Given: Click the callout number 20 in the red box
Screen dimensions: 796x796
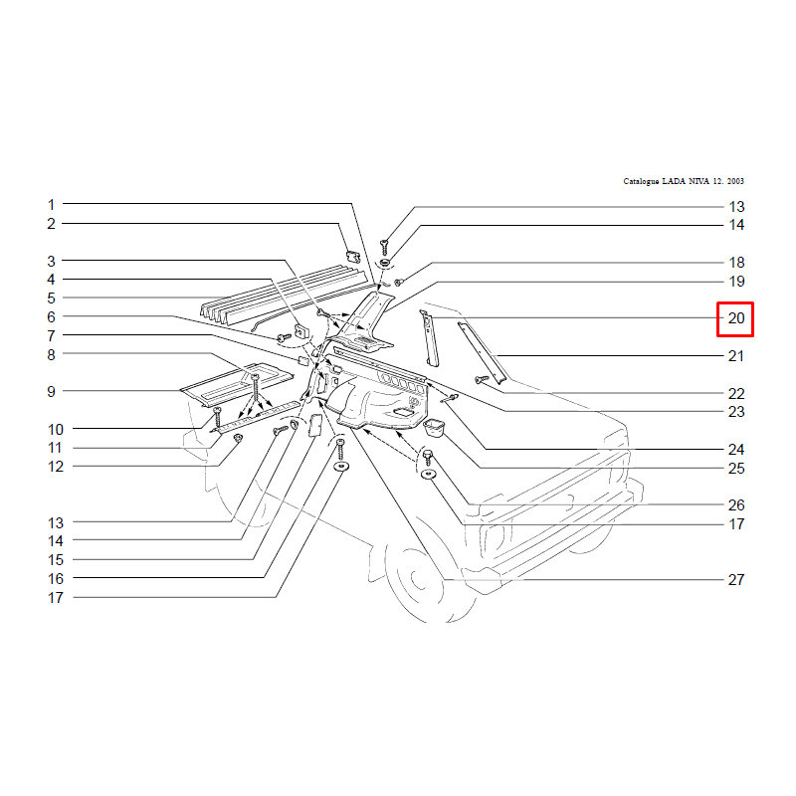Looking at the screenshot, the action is [736, 318].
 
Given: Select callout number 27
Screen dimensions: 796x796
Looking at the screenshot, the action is [736, 580].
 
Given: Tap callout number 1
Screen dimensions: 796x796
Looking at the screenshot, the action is [51, 205].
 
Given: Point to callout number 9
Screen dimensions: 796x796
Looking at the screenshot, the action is [51, 391].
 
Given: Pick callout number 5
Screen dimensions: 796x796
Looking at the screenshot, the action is [51, 298].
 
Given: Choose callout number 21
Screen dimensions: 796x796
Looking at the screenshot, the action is [736, 356].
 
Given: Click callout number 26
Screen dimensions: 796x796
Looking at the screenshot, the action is [736, 505].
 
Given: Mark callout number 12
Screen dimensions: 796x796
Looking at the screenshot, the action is [56, 467].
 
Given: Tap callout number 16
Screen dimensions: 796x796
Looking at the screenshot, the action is [56, 579].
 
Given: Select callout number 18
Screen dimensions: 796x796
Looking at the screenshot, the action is [736, 263].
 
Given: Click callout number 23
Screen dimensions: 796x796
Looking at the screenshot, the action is [736, 412].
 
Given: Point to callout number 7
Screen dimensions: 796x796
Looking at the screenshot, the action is [51, 335].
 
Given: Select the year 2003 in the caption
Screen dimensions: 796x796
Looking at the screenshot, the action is [735, 181].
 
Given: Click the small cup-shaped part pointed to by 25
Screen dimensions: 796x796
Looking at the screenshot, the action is [434, 428].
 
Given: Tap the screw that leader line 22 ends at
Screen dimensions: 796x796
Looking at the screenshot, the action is [482, 379].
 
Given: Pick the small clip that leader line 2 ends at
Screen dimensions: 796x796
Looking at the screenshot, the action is [353, 257].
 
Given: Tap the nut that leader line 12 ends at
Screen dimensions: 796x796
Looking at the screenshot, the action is [238, 438].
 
